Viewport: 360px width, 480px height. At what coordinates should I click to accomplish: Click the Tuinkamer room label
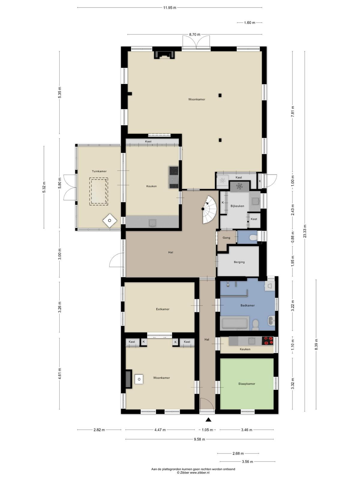tap(99, 171)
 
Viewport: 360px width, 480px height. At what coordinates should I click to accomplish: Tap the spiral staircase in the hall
tap(210, 209)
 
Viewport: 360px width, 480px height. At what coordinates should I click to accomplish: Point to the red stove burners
tap(268, 340)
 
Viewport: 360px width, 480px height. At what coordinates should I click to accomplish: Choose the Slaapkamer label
tap(247, 384)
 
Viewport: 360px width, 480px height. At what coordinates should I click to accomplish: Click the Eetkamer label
tap(163, 309)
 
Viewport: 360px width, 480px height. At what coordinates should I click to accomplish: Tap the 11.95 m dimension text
tap(169, 8)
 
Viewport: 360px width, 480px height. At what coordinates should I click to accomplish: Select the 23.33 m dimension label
tap(305, 231)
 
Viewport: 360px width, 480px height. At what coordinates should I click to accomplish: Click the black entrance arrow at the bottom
tap(208, 419)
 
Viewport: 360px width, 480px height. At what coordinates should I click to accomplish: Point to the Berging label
tap(239, 262)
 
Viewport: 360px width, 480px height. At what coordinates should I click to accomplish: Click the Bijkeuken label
tap(237, 206)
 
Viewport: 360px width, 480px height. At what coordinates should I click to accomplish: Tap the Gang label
tap(226, 238)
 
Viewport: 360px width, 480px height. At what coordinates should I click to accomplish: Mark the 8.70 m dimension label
tap(195, 34)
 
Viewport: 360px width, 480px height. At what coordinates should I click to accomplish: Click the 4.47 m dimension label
tap(160, 430)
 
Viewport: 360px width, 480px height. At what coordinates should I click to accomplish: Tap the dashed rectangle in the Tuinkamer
tap(99, 191)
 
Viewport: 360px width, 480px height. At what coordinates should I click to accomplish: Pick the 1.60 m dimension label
tap(250, 22)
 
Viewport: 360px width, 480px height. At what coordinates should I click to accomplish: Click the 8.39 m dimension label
tap(316, 344)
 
